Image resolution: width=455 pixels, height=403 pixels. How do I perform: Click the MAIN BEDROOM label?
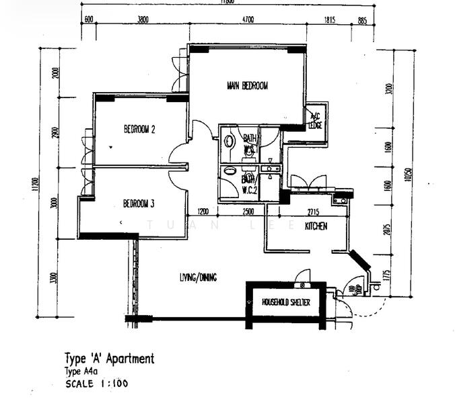point(247,86)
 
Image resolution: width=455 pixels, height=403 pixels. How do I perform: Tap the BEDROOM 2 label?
point(139,130)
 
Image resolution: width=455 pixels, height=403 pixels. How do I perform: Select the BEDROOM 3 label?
point(139,204)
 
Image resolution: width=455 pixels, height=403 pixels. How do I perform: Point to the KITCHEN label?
point(316,227)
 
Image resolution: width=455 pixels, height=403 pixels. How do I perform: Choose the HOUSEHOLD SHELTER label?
point(286,303)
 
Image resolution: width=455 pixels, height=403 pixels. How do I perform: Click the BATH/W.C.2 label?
point(248,183)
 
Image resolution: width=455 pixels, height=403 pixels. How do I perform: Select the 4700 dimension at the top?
point(248,20)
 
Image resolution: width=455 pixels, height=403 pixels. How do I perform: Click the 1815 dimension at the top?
point(329,20)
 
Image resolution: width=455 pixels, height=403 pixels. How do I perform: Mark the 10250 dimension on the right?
point(407,173)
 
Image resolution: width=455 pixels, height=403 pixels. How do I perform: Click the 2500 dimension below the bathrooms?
point(248,212)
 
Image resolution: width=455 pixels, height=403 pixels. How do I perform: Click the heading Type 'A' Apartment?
point(109,359)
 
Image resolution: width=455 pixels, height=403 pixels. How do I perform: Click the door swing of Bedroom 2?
point(178,154)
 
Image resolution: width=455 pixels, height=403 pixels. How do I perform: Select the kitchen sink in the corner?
point(339,199)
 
